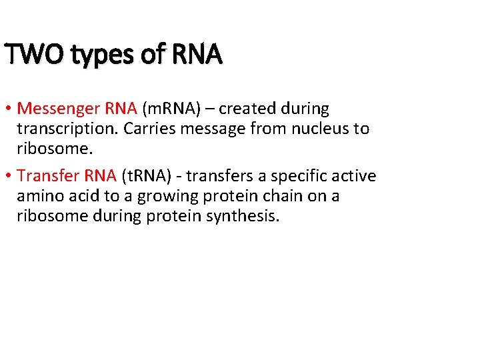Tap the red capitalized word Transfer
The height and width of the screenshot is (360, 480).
click(48, 176)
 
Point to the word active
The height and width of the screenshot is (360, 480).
click(355, 176)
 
